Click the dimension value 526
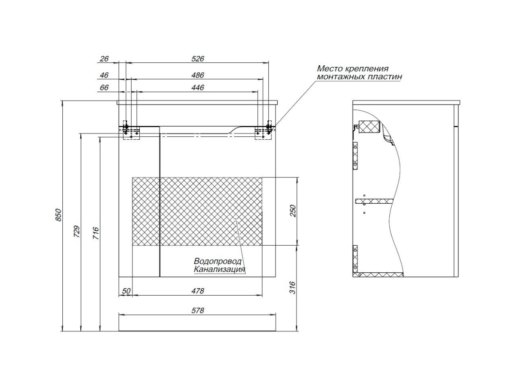198,59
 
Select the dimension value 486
198,75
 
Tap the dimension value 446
198,88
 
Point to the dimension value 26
104,59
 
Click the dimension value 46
104,75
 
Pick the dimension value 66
104,88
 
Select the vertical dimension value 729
77,232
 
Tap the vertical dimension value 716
95,233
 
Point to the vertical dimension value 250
293,211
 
